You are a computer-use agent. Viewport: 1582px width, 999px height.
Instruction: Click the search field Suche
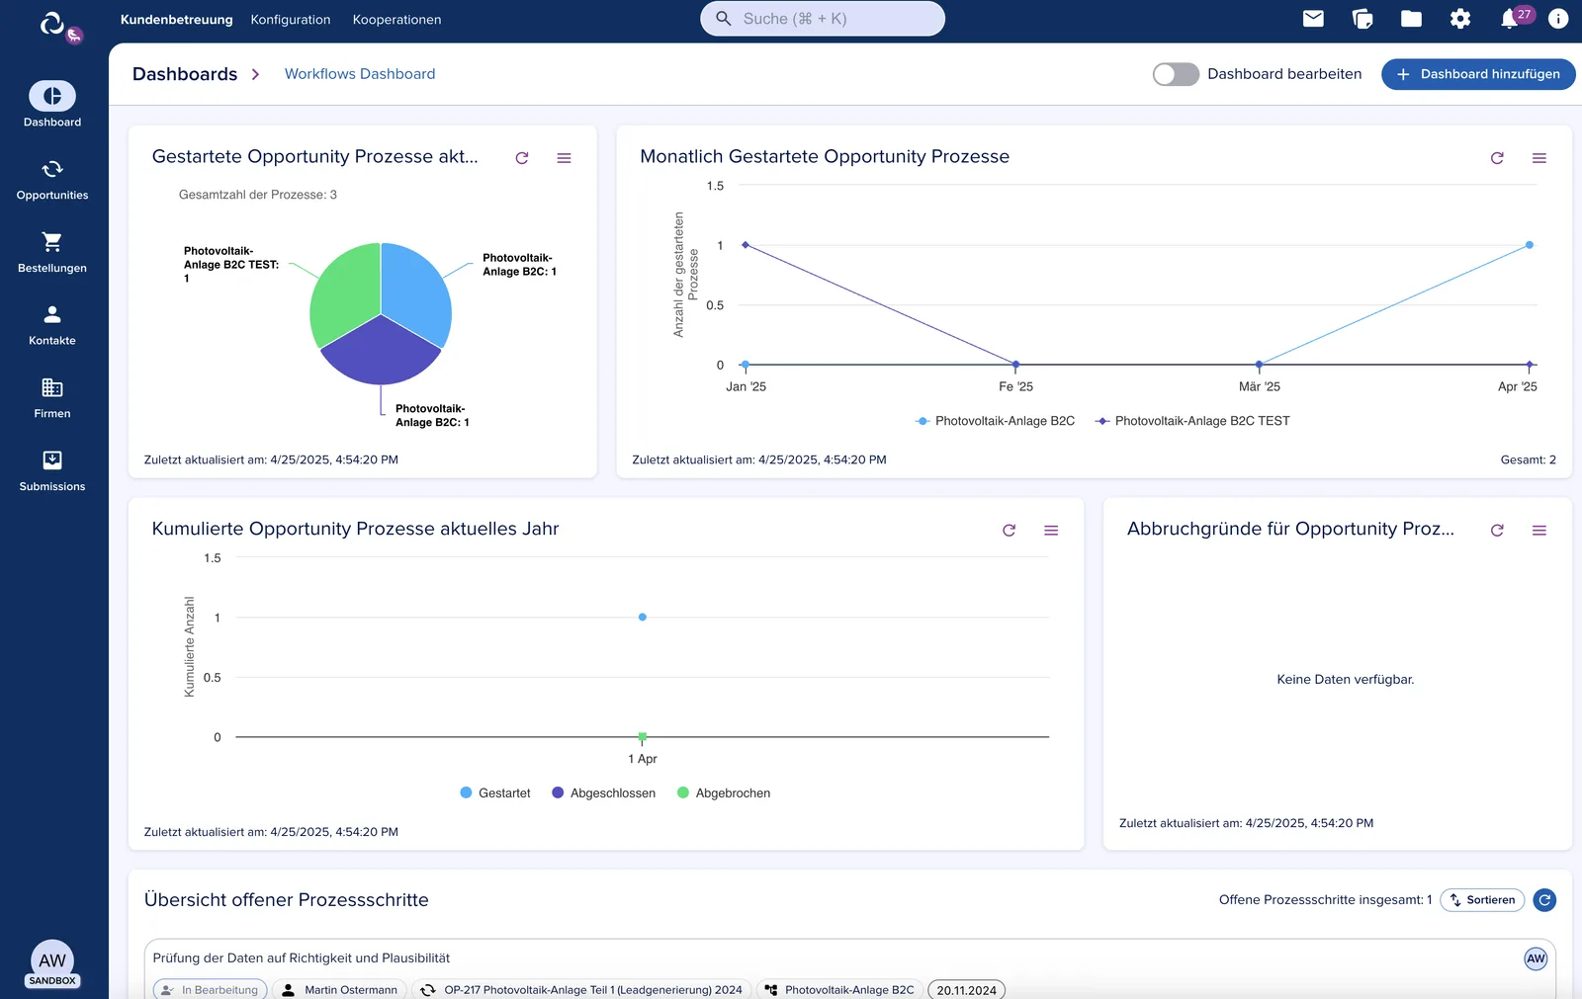click(822, 19)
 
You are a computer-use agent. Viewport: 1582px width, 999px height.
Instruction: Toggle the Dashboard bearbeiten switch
click(1176, 74)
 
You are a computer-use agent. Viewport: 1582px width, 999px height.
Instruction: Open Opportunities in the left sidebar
click(52, 179)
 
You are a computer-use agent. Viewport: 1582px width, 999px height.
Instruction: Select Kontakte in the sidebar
click(52, 325)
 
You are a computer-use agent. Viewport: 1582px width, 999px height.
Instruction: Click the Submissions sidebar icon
click(52, 460)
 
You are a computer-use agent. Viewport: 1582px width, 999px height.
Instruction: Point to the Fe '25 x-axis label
click(1015, 386)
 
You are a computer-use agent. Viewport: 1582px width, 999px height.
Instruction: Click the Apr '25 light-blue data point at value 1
click(1529, 245)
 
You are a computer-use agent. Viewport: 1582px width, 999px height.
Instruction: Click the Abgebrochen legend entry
click(723, 792)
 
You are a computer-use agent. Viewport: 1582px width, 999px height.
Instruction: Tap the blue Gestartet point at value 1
click(642, 617)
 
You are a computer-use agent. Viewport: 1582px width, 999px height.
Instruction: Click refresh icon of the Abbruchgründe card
click(1497, 531)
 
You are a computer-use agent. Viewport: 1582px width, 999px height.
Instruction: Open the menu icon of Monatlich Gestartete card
click(1538, 158)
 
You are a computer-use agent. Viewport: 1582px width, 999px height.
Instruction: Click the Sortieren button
click(1482, 899)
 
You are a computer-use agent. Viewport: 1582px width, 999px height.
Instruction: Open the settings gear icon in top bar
click(1459, 19)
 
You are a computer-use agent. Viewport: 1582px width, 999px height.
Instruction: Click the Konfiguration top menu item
click(291, 19)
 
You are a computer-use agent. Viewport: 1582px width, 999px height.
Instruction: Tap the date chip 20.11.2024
click(966, 990)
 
